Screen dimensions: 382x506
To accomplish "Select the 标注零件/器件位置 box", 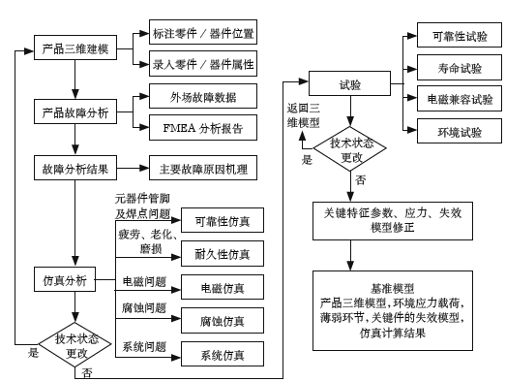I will tap(202, 33).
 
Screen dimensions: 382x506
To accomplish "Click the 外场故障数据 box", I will tap(197, 98).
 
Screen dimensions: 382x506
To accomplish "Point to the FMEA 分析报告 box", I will tap(197, 126).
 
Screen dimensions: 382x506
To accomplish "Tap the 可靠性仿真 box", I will tap(222, 221).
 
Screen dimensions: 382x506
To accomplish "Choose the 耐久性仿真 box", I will tap(222, 254).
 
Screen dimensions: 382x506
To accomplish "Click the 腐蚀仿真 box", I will tap(222, 319).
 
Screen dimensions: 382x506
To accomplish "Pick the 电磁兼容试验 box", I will tap(458, 100).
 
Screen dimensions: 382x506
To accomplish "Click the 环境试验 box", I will tap(458, 130).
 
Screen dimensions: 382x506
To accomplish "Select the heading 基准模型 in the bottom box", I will tap(393, 289).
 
